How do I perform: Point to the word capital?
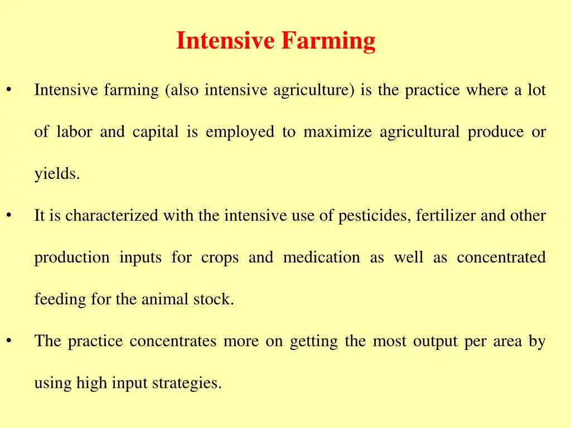tap(156, 132)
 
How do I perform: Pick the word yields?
tap(57, 174)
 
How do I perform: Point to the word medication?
tap(321, 257)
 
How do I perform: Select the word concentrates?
tap(173, 341)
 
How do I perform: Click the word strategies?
tap(187, 383)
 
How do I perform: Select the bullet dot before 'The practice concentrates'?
tap(9, 341)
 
